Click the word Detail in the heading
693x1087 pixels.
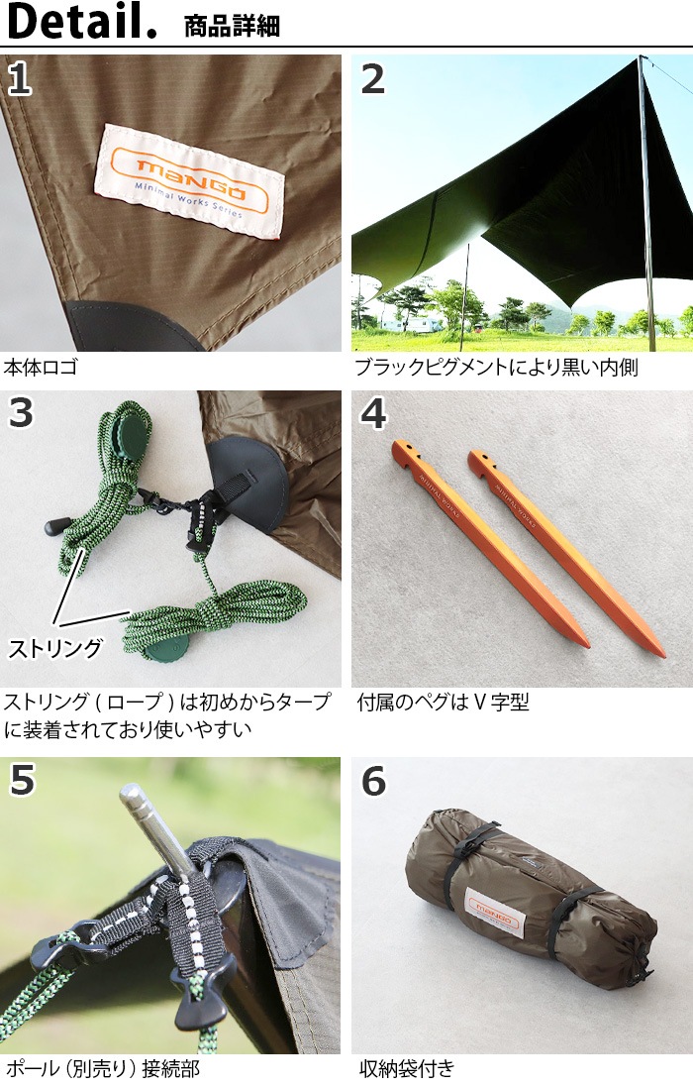pyautogui.click(x=80, y=22)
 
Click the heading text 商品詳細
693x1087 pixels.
pyautogui.click(x=232, y=25)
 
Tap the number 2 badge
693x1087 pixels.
pyautogui.click(x=372, y=78)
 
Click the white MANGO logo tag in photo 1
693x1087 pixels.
pyautogui.click(x=189, y=179)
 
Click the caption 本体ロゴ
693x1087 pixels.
pyautogui.click(x=41, y=369)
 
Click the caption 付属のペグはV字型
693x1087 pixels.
pyautogui.click(x=443, y=703)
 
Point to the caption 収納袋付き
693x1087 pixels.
pyautogui.click(x=407, y=1069)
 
